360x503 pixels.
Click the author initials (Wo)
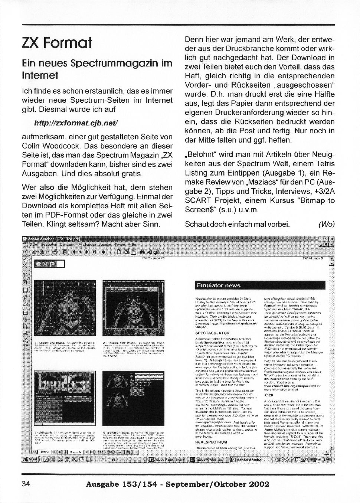pos(326,224)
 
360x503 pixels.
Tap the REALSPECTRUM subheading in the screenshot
pos(211,442)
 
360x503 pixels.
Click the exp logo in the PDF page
pos(50,264)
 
